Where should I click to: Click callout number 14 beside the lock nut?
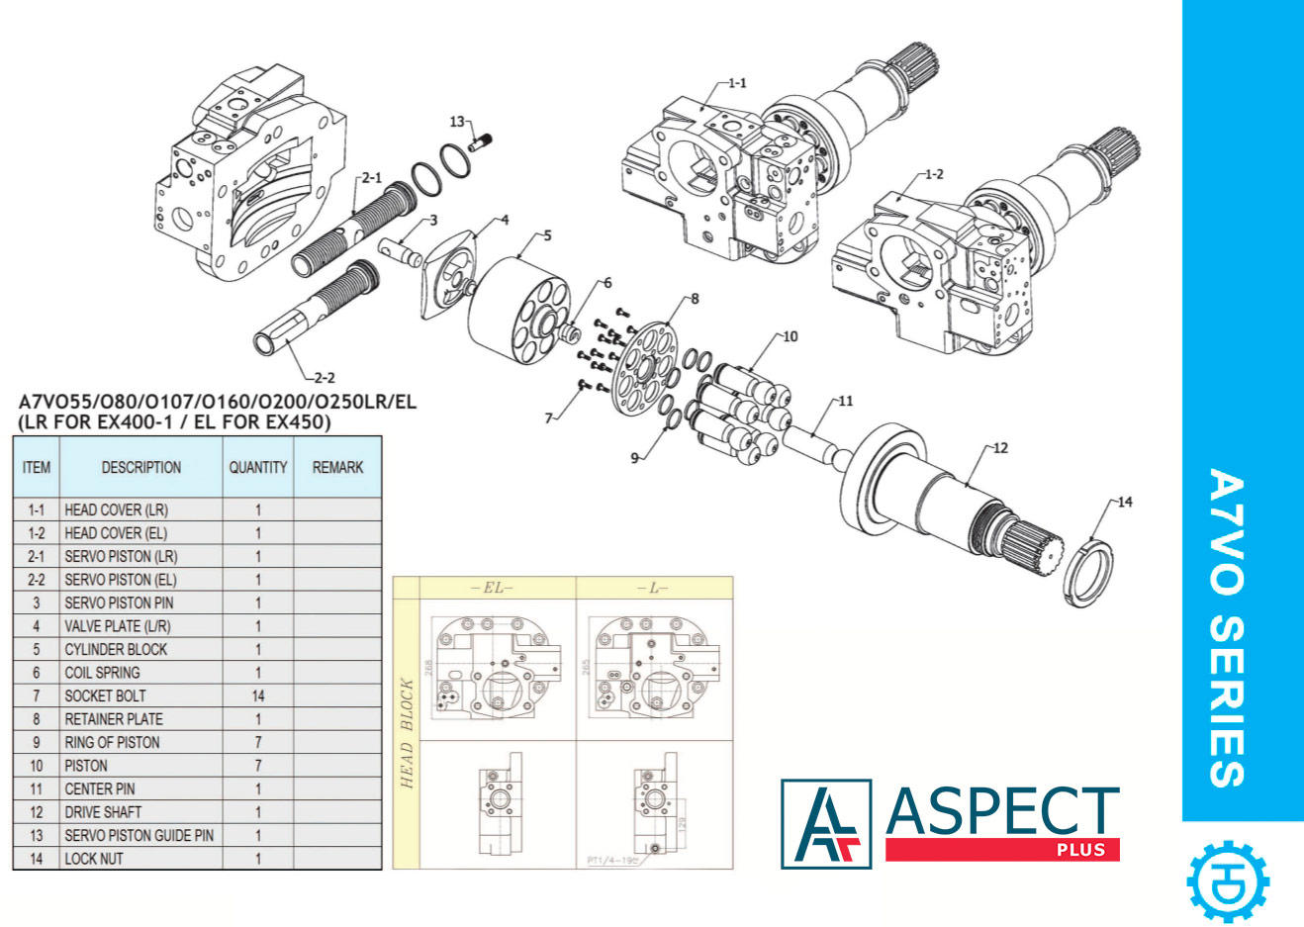(1125, 502)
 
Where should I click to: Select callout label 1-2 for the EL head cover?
(933, 175)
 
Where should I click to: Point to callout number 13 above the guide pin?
(457, 122)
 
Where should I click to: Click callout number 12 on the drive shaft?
(1000, 448)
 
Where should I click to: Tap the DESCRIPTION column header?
(141, 467)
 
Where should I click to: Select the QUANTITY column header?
(258, 467)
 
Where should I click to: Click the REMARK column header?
(337, 467)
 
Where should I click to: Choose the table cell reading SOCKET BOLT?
(105, 695)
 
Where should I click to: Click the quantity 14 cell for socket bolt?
(258, 695)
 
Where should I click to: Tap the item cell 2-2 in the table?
(37, 580)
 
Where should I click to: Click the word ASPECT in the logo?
(1001, 810)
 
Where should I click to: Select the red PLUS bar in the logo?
(1001, 850)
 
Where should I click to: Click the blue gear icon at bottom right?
(1228, 881)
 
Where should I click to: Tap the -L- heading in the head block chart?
(654, 588)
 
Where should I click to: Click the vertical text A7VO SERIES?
(1227, 628)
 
